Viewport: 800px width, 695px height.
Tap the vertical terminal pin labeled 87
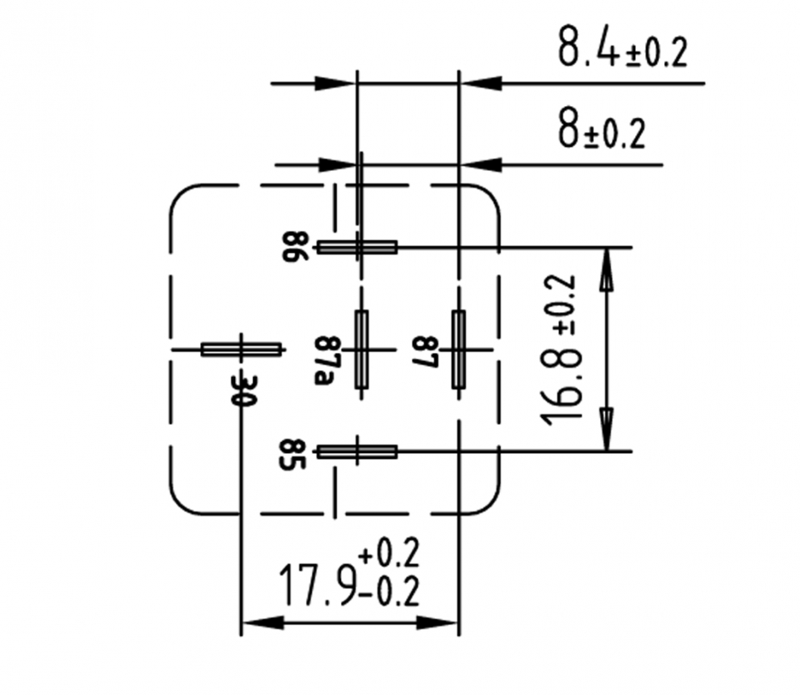click(458, 349)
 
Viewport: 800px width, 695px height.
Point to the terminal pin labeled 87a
click(361, 349)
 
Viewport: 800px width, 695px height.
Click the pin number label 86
click(301, 247)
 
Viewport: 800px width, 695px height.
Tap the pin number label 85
click(301, 456)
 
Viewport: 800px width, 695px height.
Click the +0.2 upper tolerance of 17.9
click(389, 553)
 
